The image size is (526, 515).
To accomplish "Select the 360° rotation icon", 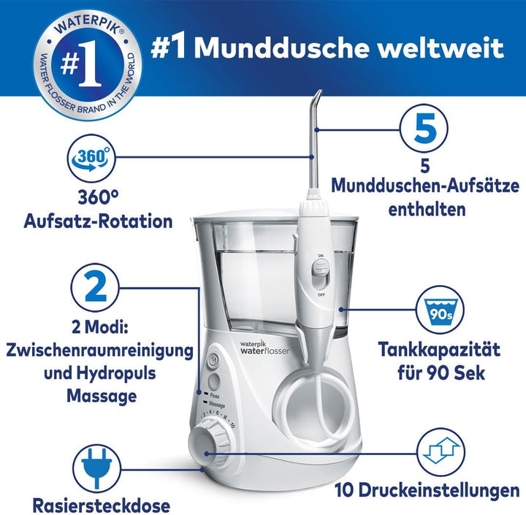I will point(91,160).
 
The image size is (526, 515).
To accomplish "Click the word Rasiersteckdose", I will point(102,504).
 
